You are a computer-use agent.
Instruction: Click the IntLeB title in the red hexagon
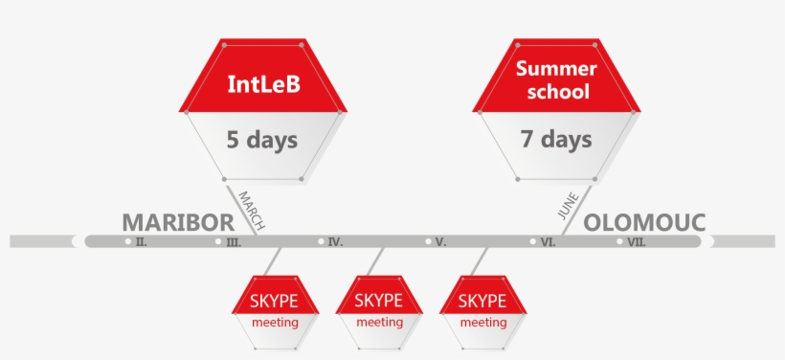pyautogui.click(x=263, y=84)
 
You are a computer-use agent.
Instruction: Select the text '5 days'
pyautogui.click(x=261, y=140)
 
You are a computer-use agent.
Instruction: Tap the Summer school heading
pyautogui.click(x=556, y=80)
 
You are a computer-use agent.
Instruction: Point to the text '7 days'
pyautogui.click(x=556, y=140)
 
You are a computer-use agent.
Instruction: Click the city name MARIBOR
pyautogui.click(x=177, y=222)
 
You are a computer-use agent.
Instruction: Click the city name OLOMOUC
pyautogui.click(x=644, y=222)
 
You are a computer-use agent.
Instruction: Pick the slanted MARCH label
pyautogui.click(x=251, y=210)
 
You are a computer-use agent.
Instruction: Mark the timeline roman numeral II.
pyautogui.click(x=141, y=243)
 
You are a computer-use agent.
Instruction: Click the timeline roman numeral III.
pyautogui.click(x=234, y=243)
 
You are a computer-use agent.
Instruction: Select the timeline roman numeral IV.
pyautogui.click(x=335, y=243)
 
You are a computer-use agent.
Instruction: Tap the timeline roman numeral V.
pyautogui.click(x=440, y=243)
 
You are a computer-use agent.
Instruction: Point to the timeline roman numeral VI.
pyautogui.click(x=548, y=243)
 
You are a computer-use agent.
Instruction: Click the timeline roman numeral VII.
pyautogui.click(x=637, y=243)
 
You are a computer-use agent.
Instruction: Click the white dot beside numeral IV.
pyautogui.click(x=322, y=241)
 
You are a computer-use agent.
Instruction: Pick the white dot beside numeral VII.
pyautogui.click(x=621, y=241)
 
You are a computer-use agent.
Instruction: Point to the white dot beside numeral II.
pyautogui.click(x=128, y=241)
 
